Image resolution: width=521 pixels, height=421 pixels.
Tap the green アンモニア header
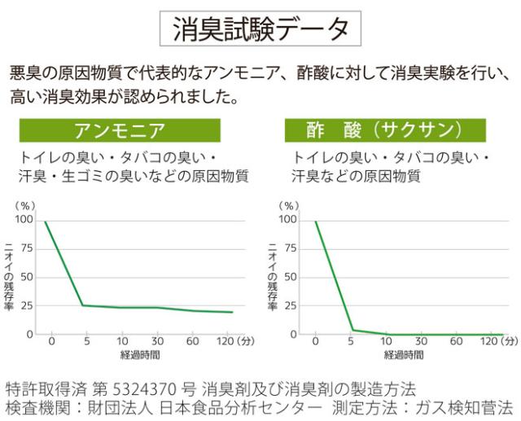pos(120,130)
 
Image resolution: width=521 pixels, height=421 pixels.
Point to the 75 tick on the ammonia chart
pos(26,248)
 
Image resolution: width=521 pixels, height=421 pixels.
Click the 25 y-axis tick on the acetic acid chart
pos(286,305)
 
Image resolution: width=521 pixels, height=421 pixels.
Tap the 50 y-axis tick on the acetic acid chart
pos(286,277)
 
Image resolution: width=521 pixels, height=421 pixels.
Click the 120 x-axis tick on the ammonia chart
pos(226,341)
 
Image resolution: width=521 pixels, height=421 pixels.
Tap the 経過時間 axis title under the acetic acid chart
pos(404,355)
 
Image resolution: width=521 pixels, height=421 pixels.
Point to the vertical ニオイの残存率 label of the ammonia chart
pos(9,277)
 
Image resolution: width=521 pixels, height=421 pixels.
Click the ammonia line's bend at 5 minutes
pos(82,305)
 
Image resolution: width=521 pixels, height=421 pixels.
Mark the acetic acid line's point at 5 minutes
pos(352,330)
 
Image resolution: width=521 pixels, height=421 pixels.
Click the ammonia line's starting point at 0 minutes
pos(46,221)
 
